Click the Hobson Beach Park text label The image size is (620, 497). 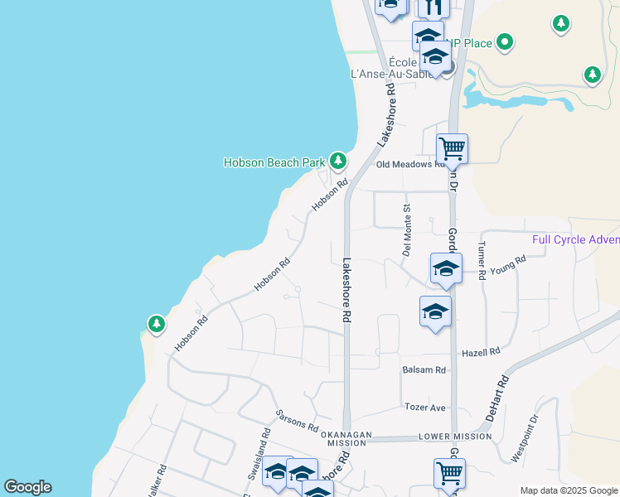274,162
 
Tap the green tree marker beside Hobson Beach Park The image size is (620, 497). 337,160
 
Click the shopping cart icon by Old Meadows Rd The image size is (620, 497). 452,149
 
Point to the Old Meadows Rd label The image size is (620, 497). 405,164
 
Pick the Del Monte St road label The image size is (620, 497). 406,229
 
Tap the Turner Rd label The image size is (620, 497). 482,261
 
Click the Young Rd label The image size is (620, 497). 508,263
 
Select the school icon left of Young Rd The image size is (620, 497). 446,268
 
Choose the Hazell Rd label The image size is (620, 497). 482,351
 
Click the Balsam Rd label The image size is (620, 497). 424,369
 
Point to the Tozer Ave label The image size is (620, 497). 425,408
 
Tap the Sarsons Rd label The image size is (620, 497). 298,421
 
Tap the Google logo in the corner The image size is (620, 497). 27,487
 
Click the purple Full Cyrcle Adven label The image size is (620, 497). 575,240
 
